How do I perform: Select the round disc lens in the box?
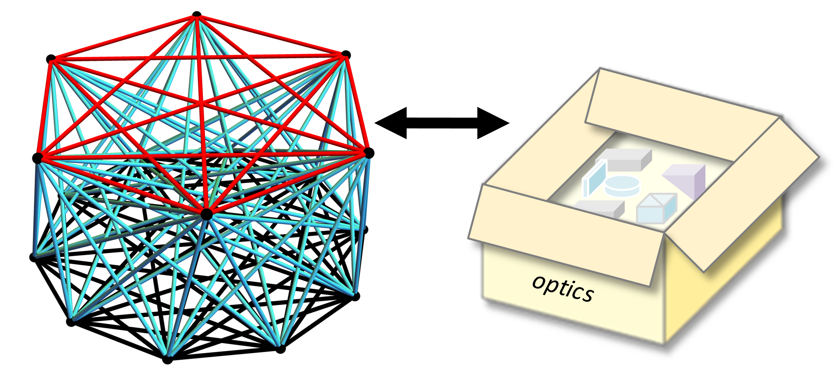pyautogui.click(x=622, y=186)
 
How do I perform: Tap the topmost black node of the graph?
pyautogui.click(x=197, y=15)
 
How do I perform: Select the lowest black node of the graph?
pyautogui.click(x=167, y=360)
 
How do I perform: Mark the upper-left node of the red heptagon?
pyautogui.click(x=51, y=59)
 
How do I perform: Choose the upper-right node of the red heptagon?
pyautogui.click(x=346, y=54)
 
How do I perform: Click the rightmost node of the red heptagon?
pyautogui.click(x=369, y=153)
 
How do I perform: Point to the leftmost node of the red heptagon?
pyautogui.click(x=37, y=158)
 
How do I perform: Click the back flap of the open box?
pyautogui.click(x=680, y=115)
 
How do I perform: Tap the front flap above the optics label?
pyautogui.click(x=565, y=234)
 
